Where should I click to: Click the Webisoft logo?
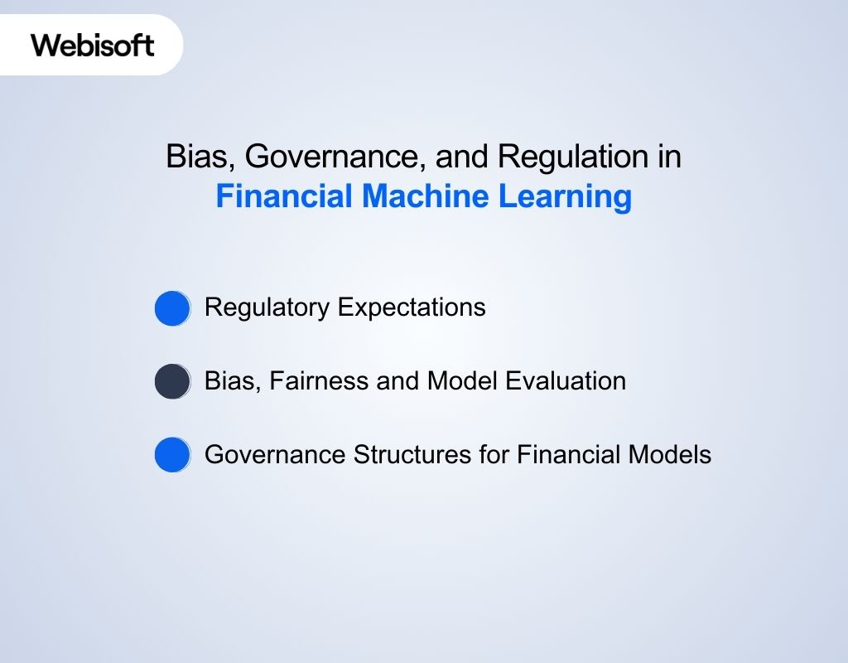pos(93,45)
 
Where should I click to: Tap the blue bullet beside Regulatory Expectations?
pos(172,308)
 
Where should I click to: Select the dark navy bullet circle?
pos(172,381)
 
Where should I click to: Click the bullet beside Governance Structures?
pos(172,455)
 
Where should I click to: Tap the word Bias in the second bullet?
pos(226,381)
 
